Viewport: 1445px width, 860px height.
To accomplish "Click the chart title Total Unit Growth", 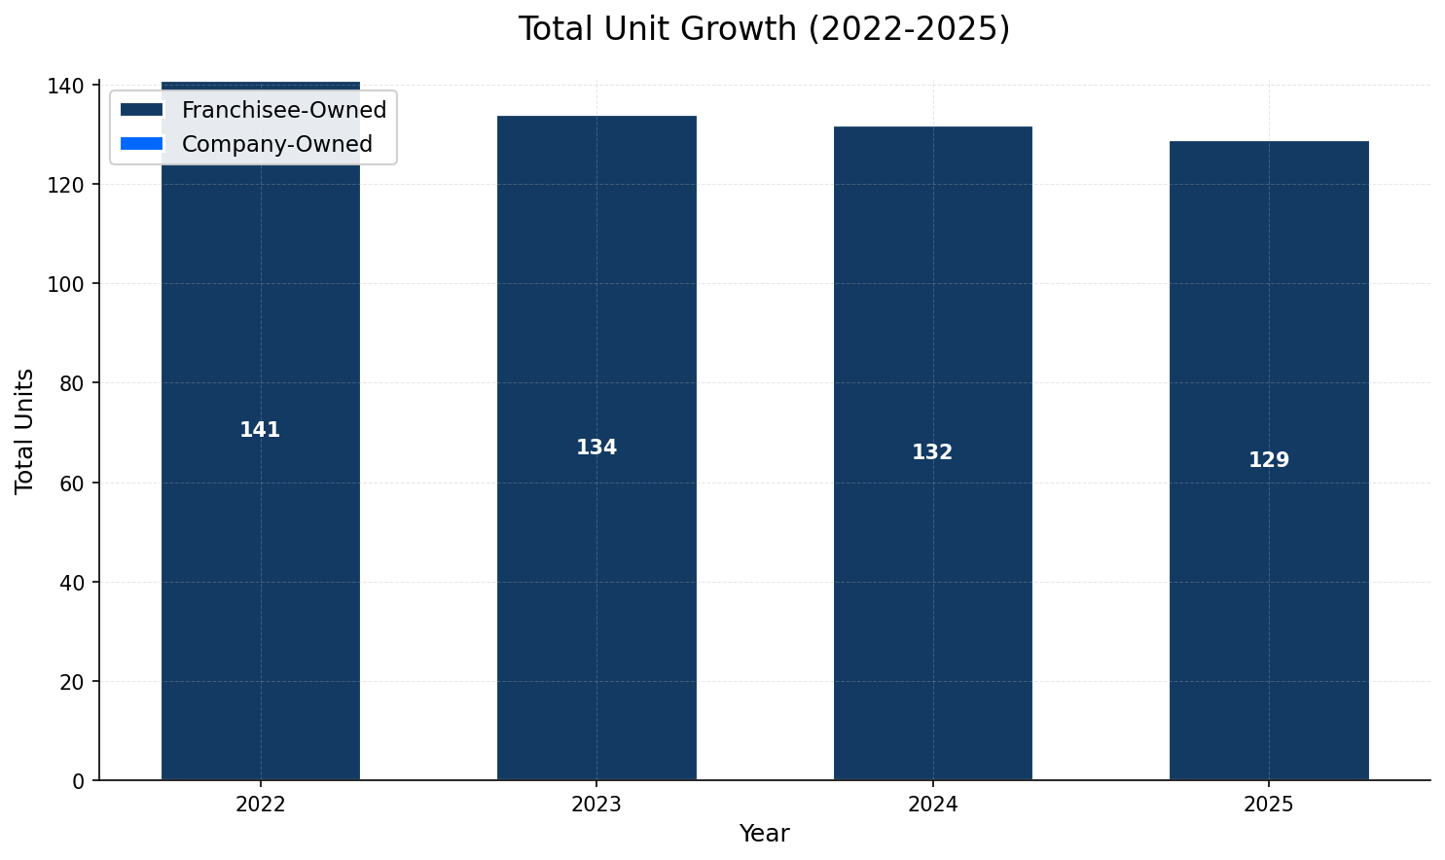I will coord(764,29).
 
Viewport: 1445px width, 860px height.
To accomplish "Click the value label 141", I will coord(260,430).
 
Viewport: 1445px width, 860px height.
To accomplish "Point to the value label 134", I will coord(596,448).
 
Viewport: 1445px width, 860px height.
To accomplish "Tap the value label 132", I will coord(932,452).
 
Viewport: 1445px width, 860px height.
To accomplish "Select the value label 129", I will coord(1269,460).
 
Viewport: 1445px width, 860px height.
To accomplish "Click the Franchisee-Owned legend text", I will coord(284,110).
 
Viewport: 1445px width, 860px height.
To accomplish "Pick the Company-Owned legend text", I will coord(277,144).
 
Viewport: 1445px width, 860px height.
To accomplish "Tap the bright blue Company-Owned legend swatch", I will coord(142,144).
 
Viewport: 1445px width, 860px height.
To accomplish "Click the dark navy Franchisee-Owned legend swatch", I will coord(142,110).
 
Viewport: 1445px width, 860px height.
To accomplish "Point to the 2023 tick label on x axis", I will coord(596,805).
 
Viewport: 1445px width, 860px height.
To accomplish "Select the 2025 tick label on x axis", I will coord(1269,805).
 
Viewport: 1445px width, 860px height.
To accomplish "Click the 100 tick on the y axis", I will coord(70,284).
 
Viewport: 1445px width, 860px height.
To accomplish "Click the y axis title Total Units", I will coord(25,431).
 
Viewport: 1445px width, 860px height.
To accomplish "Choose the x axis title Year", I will coord(764,834).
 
